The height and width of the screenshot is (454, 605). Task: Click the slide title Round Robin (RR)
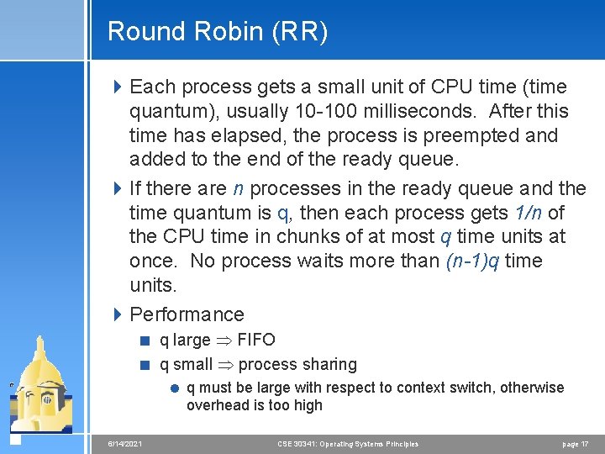pos(218,32)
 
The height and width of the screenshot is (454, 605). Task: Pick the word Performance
pos(187,314)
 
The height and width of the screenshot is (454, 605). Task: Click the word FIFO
pos(256,340)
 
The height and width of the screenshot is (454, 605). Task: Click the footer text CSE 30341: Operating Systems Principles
pos(348,444)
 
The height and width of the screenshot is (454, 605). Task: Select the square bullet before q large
pos(145,340)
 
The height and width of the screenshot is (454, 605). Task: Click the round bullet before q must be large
pos(173,388)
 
